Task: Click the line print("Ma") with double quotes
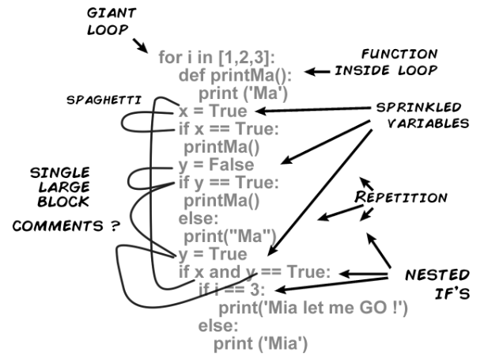click(x=230, y=236)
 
